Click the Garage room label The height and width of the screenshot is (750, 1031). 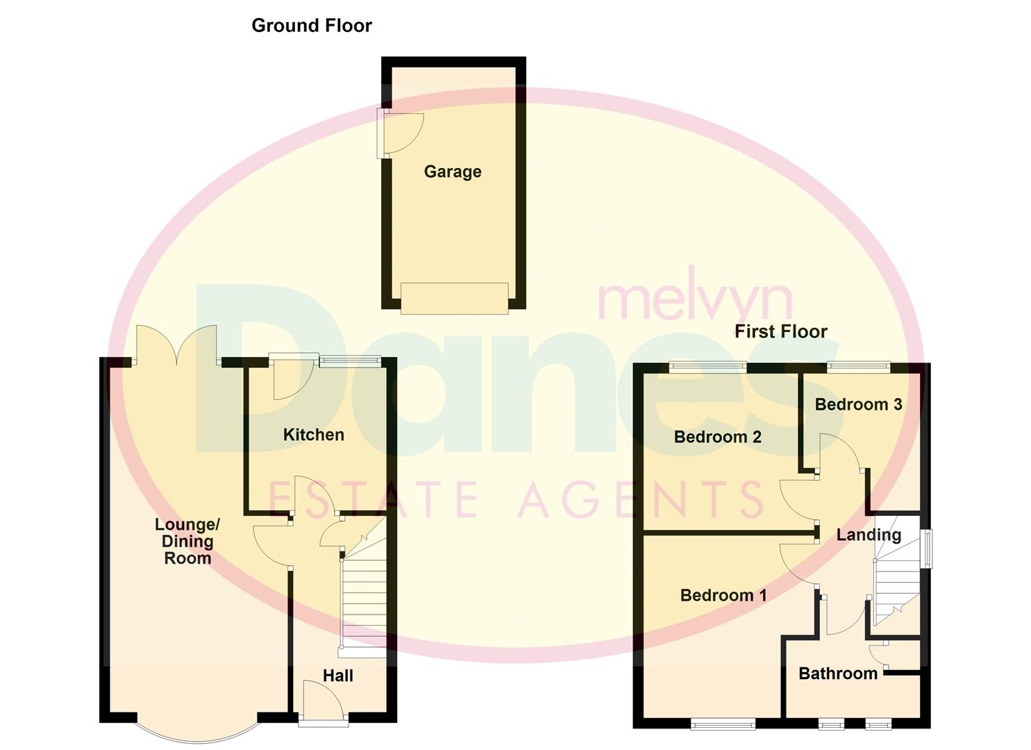pos(453,172)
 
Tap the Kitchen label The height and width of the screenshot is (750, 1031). pos(313,435)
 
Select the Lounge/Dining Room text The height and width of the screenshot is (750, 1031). pos(187,541)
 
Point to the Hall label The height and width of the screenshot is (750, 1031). pos(338,676)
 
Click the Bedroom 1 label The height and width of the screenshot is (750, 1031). pos(723,595)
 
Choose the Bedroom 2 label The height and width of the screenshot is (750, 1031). pos(718,437)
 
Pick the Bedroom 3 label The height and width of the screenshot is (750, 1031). pos(858,405)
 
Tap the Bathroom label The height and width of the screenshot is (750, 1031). pos(838,674)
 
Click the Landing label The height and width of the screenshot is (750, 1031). pos(869,535)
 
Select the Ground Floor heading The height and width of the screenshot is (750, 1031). pos(312,26)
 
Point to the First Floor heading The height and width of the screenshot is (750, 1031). pos(780,331)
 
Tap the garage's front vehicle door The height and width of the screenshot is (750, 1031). pos(454,299)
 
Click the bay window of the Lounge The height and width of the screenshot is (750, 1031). pos(197,737)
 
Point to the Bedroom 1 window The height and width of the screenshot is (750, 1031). pos(723,725)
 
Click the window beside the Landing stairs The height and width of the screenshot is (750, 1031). pos(928,549)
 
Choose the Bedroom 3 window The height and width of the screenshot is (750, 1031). pos(859,367)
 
